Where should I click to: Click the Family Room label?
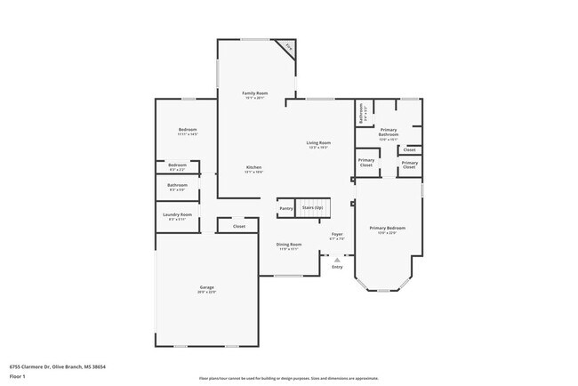(256, 93)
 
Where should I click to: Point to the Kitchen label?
(253, 168)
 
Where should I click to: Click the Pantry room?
(286, 208)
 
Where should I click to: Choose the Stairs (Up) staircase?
(312, 208)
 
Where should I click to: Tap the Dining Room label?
(289, 245)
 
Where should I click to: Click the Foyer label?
(337, 236)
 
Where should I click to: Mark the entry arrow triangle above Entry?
(337, 260)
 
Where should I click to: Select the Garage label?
(207, 288)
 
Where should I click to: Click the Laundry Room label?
(178, 215)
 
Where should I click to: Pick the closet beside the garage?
(238, 226)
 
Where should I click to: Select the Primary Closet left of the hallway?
(366, 163)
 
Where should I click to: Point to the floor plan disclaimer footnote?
(288, 378)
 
